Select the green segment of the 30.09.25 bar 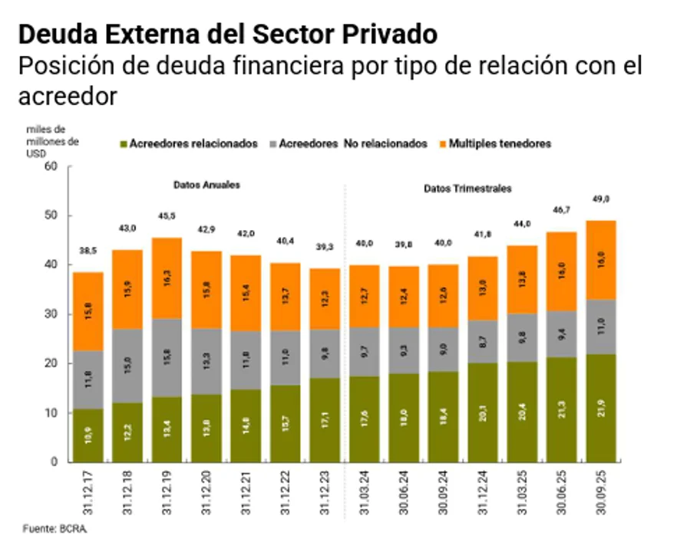[x=601, y=408]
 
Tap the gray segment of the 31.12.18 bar [x=129, y=366]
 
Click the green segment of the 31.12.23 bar [x=325, y=419]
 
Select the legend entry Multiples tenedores [x=500, y=143]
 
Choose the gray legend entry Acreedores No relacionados [x=352, y=143]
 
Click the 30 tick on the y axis [x=52, y=314]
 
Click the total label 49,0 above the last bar [x=601, y=199]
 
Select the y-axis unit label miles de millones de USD [x=52, y=140]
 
